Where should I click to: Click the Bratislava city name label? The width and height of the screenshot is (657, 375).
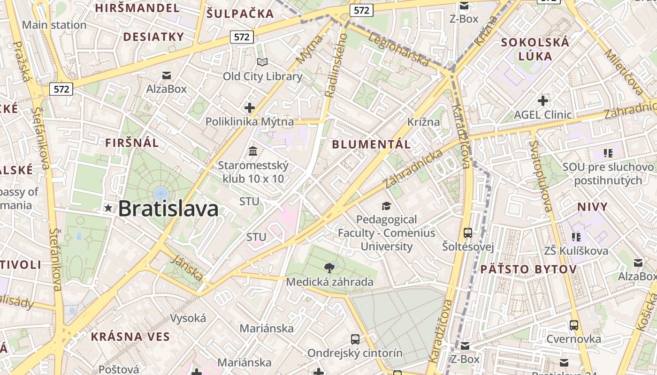pyautogui.click(x=168, y=209)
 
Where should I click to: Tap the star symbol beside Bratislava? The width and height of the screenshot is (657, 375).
pyautogui.click(x=108, y=208)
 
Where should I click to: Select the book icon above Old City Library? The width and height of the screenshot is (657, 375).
pyautogui.click(x=262, y=62)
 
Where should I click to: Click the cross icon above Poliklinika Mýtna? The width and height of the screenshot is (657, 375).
pyautogui.click(x=250, y=108)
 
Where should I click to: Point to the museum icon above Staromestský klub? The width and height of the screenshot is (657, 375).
pyautogui.click(x=253, y=151)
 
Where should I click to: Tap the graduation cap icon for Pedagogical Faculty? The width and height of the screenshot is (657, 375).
pyautogui.click(x=386, y=206)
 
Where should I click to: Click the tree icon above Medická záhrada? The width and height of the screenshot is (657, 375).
pyautogui.click(x=329, y=268)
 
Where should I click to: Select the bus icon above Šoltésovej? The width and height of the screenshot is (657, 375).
pyautogui.click(x=467, y=232)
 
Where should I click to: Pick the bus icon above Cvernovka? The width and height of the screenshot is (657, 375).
pyautogui.click(x=573, y=325)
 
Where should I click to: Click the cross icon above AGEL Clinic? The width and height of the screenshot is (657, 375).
pyautogui.click(x=543, y=100)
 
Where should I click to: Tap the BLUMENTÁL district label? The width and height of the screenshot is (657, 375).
pyautogui.click(x=371, y=144)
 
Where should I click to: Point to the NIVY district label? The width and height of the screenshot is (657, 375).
pyautogui.click(x=592, y=207)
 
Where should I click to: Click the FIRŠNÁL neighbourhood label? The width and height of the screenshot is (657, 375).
pyautogui.click(x=132, y=143)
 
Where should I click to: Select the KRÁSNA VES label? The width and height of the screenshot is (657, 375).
pyautogui.click(x=130, y=337)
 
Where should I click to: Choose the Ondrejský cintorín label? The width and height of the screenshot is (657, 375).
pyautogui.click(x=355, y=353)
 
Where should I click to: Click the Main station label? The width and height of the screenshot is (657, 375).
pyautogui.click(x=54, y=25)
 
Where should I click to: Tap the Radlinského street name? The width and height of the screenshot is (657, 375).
pyautogui.click(x=336, y=66)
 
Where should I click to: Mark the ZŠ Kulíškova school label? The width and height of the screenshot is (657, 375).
pyautogui.click(x=576, y=251)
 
